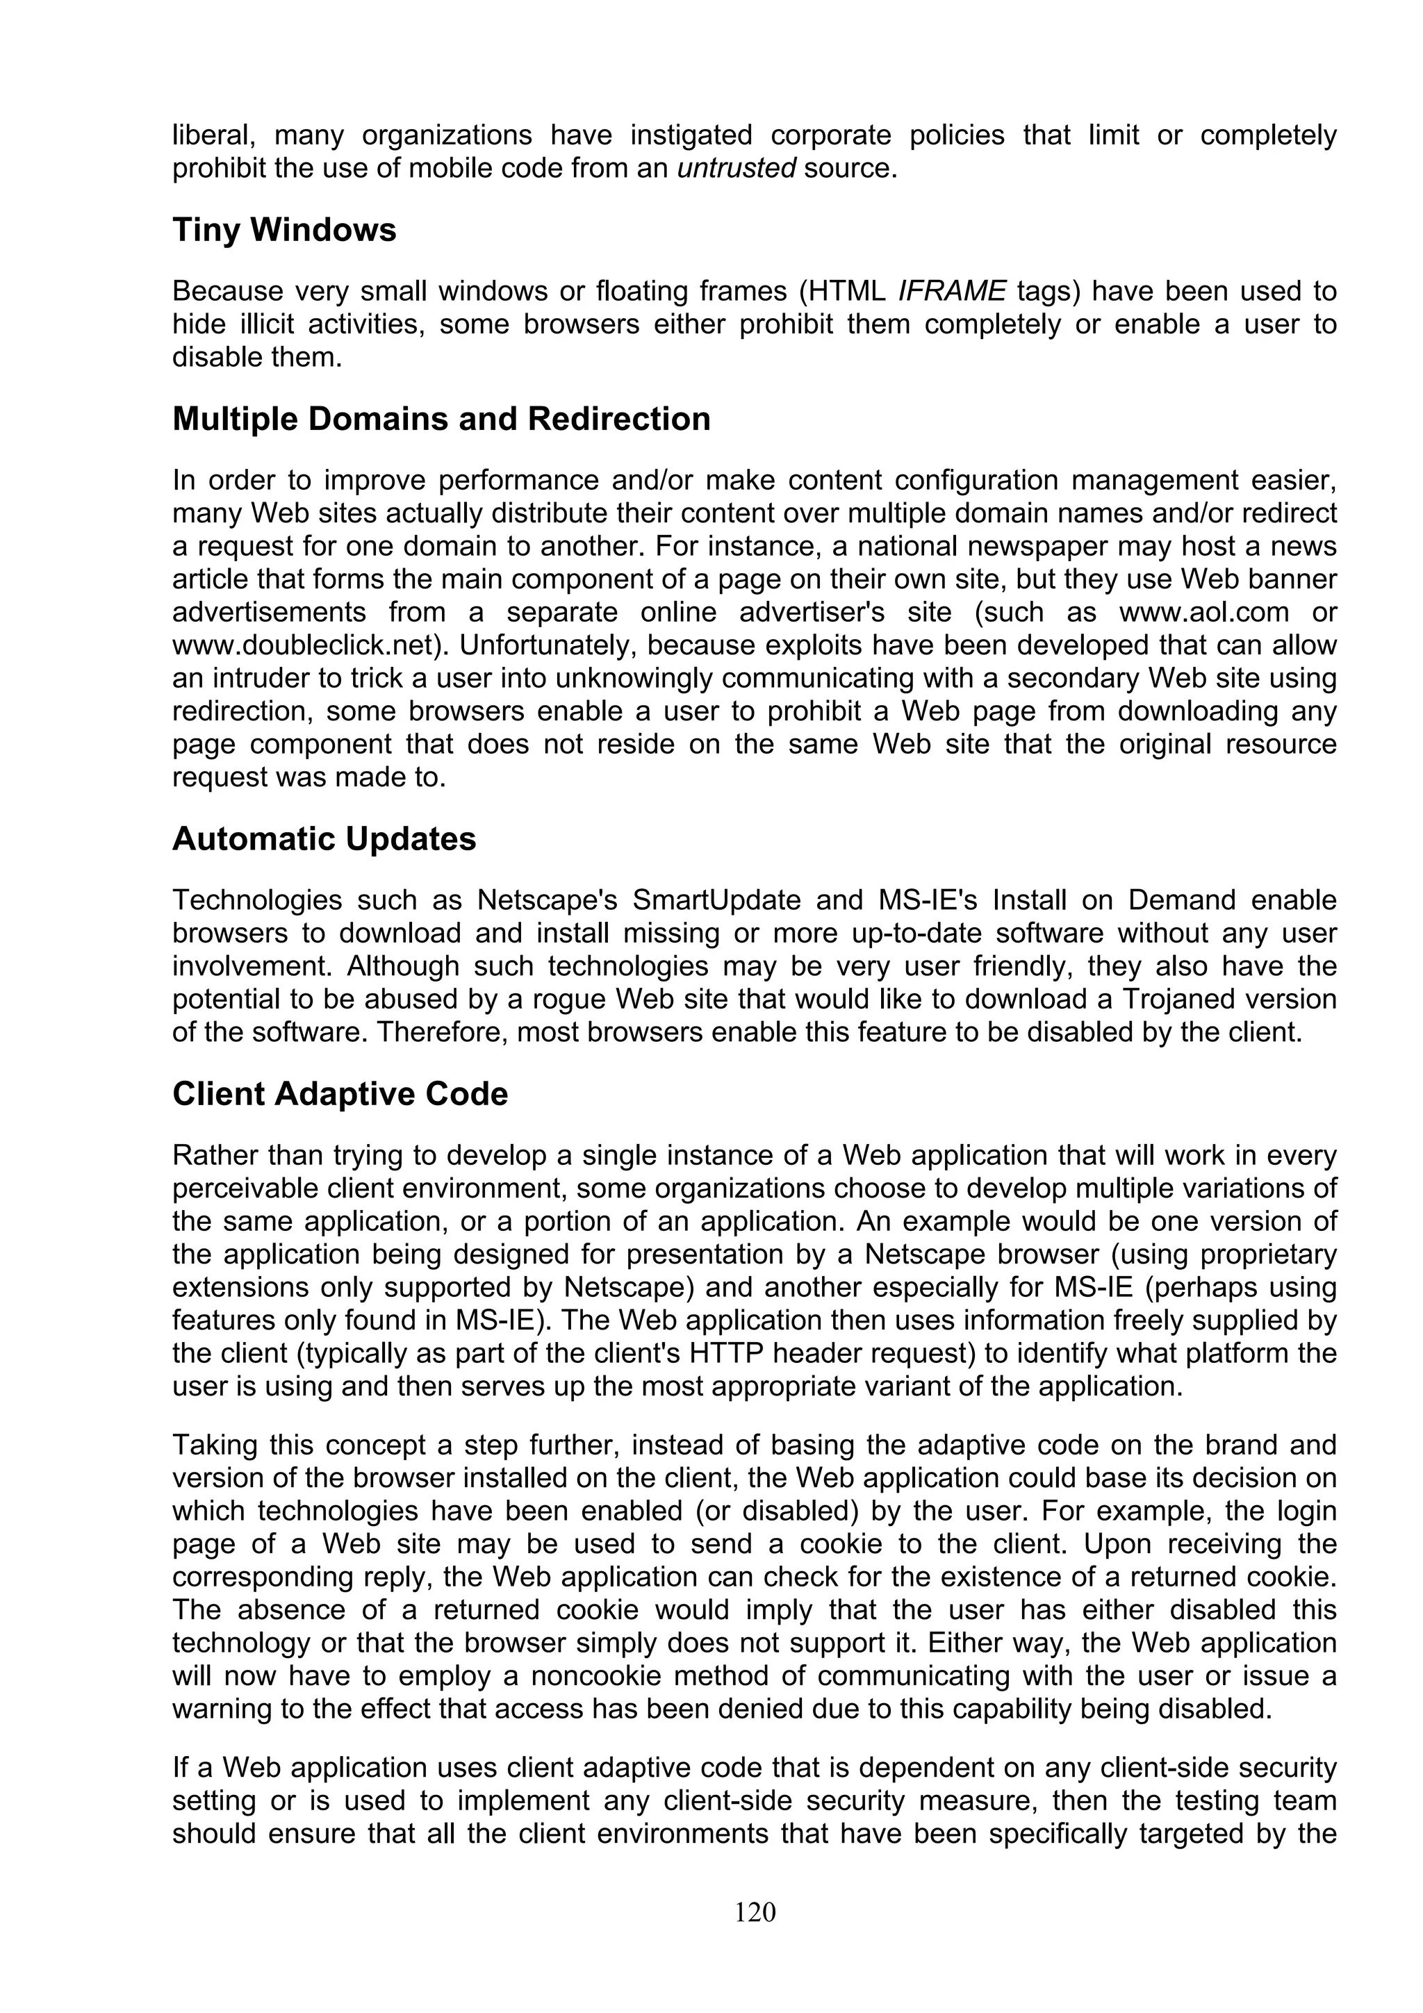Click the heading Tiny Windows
coord(284,231)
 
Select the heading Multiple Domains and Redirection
coord(441,419)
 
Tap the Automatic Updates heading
coord(324,839)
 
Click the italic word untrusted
coord(737,168)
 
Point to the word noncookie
coord(599,1676)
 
